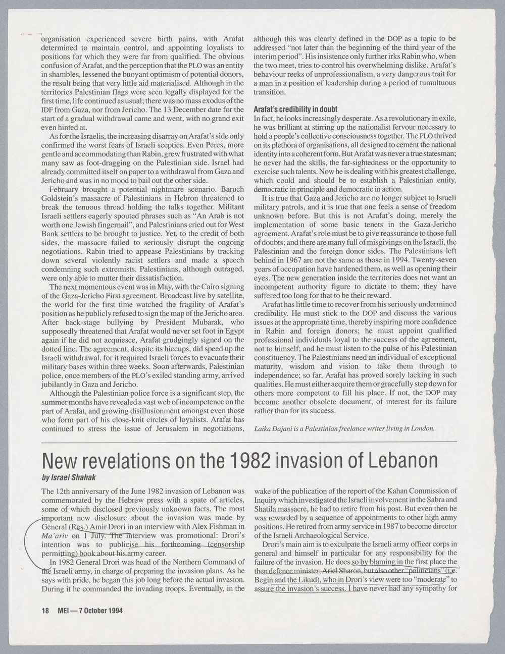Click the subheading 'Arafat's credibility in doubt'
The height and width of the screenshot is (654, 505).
pyautogui.click(x=295, y=110)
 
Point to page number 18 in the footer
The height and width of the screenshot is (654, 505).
pyautogui.click(x=45, y=610)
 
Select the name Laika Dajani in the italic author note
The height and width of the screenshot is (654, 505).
pyautogui.click(x=276, y=428)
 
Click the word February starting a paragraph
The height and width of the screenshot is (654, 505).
pyautogui.click(x=67, y=189)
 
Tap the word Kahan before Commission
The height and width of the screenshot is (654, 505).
pyautogui.click(x=388, y=490)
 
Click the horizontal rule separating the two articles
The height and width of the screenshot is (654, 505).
pyautogui.click(x=252, y=441)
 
